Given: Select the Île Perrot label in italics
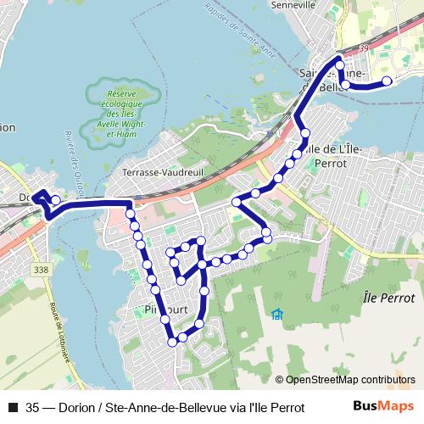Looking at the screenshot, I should pos(388,298).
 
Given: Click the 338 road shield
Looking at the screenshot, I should pos(40,270).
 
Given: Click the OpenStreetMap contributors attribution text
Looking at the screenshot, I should pos(350,380).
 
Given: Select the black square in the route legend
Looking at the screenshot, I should pos(12,407).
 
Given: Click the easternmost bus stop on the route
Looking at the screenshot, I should pos(387,81).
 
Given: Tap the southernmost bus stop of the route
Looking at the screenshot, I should pos(173,342).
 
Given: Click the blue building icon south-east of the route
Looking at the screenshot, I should pos(277,315).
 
